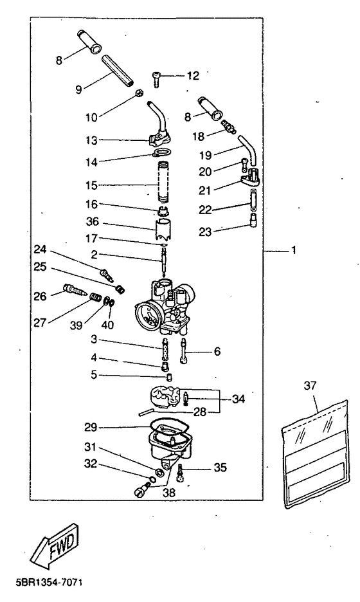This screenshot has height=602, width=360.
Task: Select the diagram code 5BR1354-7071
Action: coord(49,583)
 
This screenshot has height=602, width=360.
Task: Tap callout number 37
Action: coord(310,385)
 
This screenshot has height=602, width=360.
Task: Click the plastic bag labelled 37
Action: coord(316,455)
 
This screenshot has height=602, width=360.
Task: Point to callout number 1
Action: coord(294,250)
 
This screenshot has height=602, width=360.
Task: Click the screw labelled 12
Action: coord(156,79)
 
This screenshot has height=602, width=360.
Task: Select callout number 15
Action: coord(91,185)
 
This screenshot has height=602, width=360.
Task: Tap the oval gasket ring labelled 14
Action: coord(161,153)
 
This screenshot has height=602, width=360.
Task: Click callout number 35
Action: coord(221,467)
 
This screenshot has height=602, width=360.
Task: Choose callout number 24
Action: coord(40,250)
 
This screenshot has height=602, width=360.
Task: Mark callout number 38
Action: coord(169,493)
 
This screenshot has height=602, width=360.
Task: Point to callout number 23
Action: coord(205,232)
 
